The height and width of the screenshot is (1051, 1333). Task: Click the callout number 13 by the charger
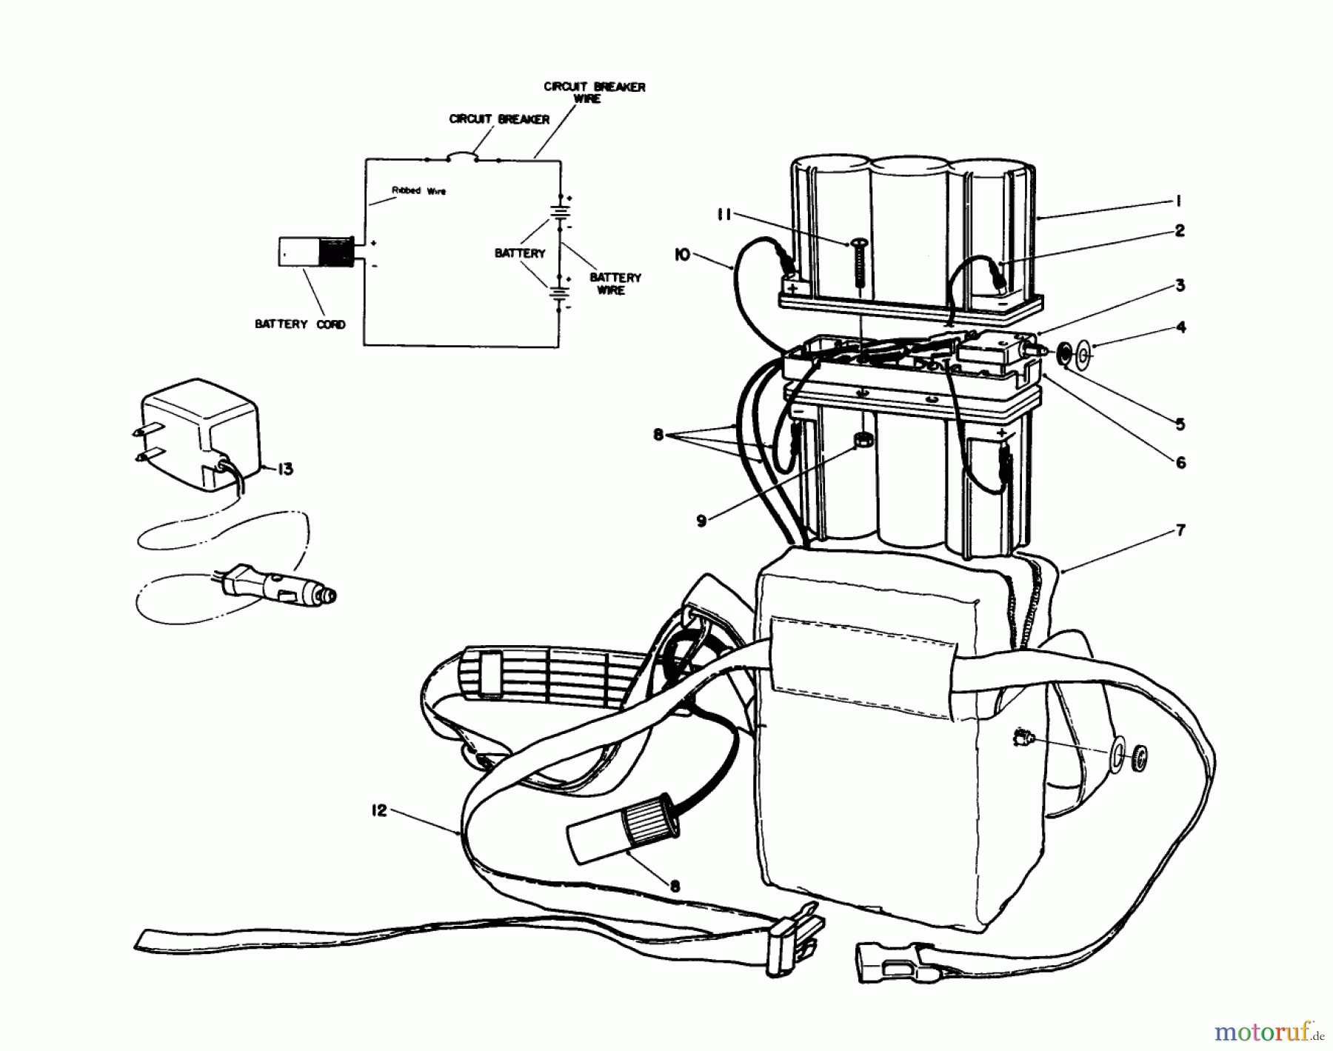point(285,470)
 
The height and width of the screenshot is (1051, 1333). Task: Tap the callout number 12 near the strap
point(378,811)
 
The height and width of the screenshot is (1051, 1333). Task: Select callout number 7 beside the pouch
point(1180,531)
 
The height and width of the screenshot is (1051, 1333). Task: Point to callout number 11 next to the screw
point(724,215)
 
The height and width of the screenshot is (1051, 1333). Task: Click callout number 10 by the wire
point(682,255)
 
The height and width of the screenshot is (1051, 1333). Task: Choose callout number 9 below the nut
point(701,521)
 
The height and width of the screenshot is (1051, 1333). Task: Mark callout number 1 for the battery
point(1178,201)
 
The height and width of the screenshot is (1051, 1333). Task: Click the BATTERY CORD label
point(300,324)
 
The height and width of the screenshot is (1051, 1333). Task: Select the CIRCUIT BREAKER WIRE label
point(594,93)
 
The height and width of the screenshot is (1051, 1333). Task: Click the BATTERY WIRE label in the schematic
point(615,284)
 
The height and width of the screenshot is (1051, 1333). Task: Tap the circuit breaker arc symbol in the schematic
point(463,155)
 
